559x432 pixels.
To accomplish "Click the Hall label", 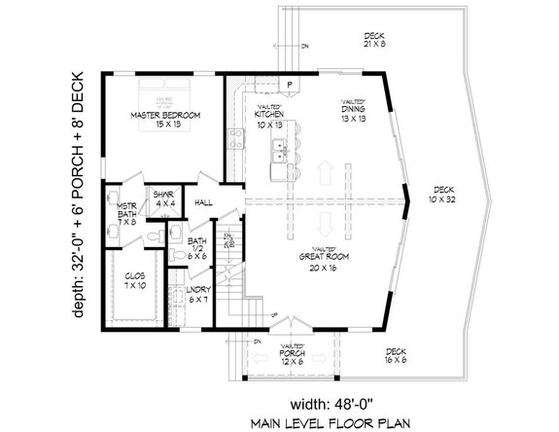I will click(203, 202).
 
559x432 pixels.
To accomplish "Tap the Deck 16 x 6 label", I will click(395, 356).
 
